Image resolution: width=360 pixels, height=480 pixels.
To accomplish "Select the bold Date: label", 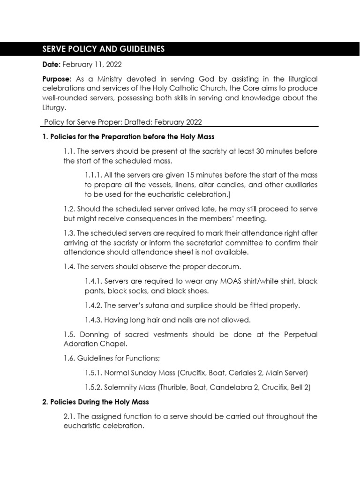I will coord(51,65).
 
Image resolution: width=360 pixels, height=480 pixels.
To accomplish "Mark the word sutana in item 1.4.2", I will coord(155,305).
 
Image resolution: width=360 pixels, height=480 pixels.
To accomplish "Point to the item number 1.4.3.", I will coord(93,320).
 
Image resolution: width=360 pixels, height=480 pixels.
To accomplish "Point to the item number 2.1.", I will coord(69,416).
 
